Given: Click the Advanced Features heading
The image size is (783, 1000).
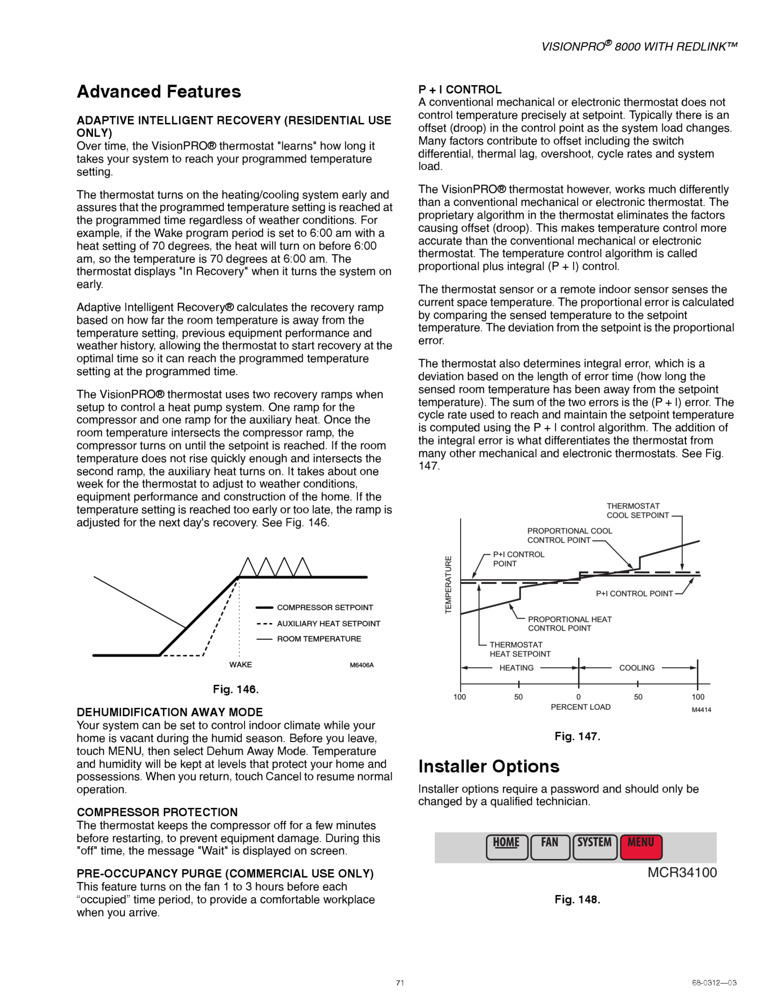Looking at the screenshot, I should pyautogui.click(x=159, y=92).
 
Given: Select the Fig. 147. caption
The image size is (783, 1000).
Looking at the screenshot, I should pyautogui.click(x=577, y=736).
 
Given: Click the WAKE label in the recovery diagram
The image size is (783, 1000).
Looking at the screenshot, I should pyautogui.click(x=241, y=665).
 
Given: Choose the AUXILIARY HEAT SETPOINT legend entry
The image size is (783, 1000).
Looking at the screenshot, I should pyautogui.click(x=328, y=624).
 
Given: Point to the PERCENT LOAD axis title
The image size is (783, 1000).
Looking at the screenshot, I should pyautogui.click(x=580, y=707).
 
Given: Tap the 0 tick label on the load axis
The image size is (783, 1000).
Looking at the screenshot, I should pyautogui.click(x=578, y=697).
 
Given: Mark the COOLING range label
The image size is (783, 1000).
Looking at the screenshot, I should pyautogui.click(x=637, y=668).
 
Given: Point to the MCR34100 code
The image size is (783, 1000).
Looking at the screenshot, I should pyautogui.click(x=682, y=873).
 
